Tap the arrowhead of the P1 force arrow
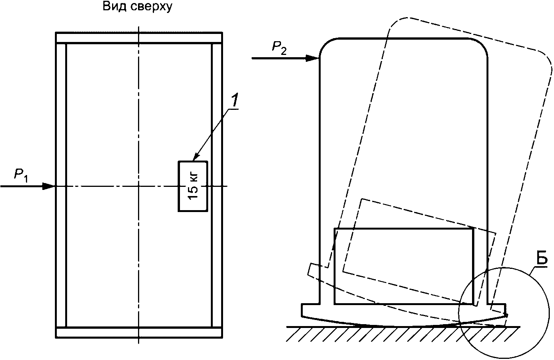(x=50, y=186)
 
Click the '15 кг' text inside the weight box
(x=193, y=186)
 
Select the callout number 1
(x=235, y=100)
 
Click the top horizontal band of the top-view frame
(x=139, y=38)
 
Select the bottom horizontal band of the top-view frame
(x=139, y=332)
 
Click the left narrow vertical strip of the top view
(x=61, y=185)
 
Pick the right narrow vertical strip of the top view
(x=217, y=185)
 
